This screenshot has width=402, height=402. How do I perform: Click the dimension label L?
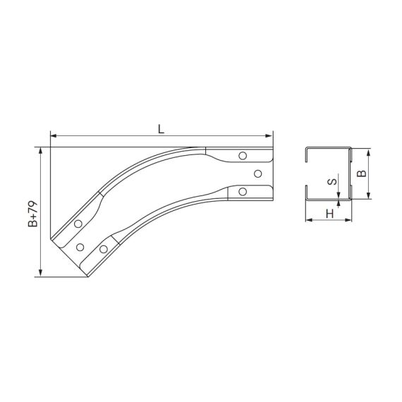coord(161,128)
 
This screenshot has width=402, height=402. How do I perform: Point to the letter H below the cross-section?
coord(329,212)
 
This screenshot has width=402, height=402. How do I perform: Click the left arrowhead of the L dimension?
coord(53,135)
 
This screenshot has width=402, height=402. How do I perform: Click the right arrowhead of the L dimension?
coord(269,135)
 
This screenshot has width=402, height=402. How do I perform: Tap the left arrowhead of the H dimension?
coord(308,220)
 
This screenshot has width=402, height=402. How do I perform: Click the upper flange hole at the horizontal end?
coord(243,156)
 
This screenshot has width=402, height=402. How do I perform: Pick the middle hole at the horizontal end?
coord(257,173)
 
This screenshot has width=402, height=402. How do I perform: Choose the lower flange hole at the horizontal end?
coord(243,190)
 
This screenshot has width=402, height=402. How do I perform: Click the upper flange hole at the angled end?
coord(78,224)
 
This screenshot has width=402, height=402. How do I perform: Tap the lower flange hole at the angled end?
coord(104,249)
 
